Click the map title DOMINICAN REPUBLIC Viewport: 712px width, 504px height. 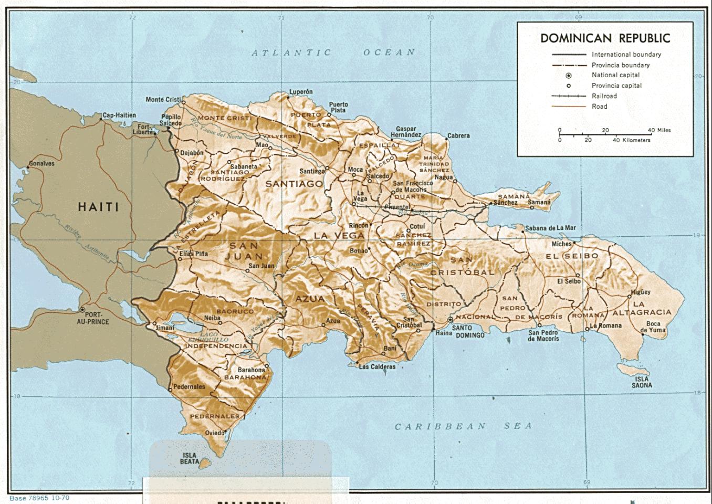click(605, 38)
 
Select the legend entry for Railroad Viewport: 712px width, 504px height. click(604, 96)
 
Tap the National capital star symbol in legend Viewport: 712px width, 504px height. click(569, 75)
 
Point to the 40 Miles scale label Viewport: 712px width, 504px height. click(659, 130)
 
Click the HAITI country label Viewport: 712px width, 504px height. click(98, 207)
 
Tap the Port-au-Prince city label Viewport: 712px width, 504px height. click(93, 318)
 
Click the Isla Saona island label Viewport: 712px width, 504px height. click(642, 382)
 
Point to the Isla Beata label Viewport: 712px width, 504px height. click(190, 458)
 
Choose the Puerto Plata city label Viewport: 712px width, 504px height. click(338, 107)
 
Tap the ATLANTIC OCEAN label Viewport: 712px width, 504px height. click(333, 52)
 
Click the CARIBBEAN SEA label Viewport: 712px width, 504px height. click(463, 426)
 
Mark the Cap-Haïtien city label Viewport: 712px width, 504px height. click(119, 115)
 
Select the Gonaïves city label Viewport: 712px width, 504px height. click(41, 163)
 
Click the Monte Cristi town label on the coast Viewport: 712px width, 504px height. click(163, 99)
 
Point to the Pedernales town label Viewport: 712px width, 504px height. click(189, 387)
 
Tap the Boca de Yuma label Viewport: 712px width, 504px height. click(653, 327)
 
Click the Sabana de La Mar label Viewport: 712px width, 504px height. click(550, 228)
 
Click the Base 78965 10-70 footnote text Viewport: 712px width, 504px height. click(39, 498)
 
